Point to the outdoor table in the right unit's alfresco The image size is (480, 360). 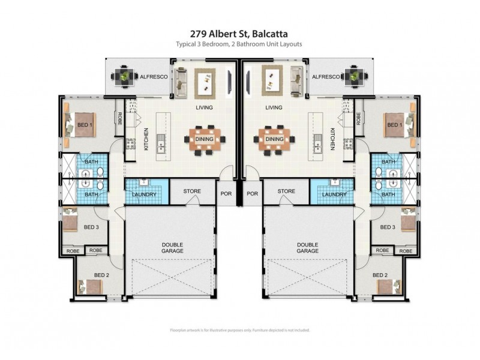pyautogui.click(x=353, y=76)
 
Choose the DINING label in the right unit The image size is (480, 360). pyautogui.click(x=274, y=139)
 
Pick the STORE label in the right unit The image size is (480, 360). pyautogui.click(x=286, y=191)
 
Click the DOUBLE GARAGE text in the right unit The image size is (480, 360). pyautogui.click(x=307, y=248)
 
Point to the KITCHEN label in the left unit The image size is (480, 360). pyautogui.click(x=146, y=139)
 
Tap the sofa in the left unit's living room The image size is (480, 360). pyautogui.click(x=180, y=82)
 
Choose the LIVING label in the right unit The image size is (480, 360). pyautogui.click(x=274, y=108)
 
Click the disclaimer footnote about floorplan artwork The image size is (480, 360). pyautogui.click(x=239, y=330)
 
